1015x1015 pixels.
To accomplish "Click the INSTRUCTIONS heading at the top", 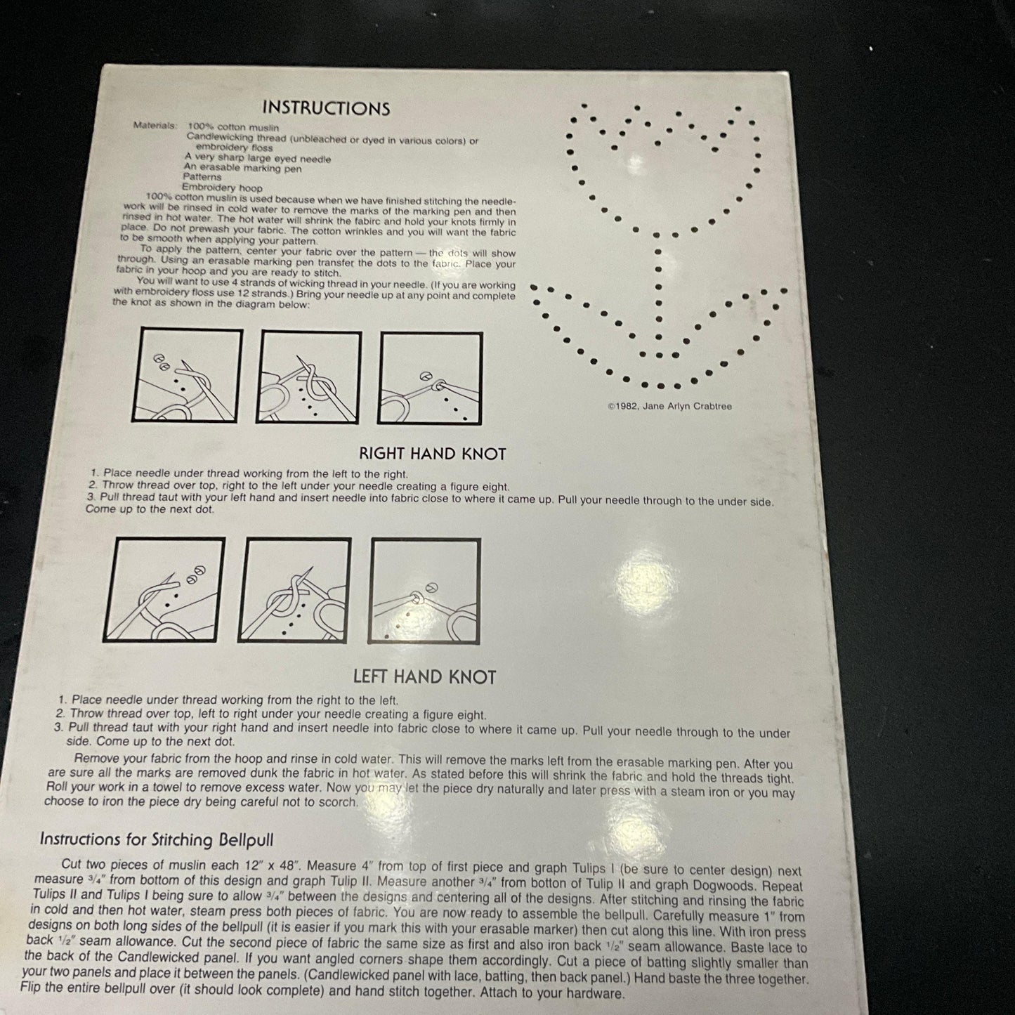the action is pyautogui.click(x=326, y=108).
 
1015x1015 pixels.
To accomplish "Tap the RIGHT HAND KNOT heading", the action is pyautogui.click(x=433, y=454).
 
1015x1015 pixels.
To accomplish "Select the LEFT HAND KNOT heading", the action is pyautogui.click(x=424, y=677).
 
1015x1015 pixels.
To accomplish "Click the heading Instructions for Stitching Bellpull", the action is pyautogui.click(x=157, y=839).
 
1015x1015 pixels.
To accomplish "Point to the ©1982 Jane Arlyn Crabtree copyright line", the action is pyautogui.click(x=669, y=406).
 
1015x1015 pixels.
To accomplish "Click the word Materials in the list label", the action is pyautogui.click(x=155, y=125).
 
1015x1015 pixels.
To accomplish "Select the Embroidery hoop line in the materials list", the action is pyautogui.click(x=222, y=188).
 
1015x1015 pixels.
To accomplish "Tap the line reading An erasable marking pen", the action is pyautogui.click(x=243, y=168).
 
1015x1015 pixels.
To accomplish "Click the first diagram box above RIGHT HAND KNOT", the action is pyautogui.click(x=187, y=375).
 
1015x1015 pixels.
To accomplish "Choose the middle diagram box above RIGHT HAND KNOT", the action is pyautogui.click(x=308, y=377).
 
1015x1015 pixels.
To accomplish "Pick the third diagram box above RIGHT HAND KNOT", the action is pyautogui.click(x=430, y=378).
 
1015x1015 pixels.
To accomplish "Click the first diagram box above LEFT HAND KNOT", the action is pyautogui.click(x=164, y=589).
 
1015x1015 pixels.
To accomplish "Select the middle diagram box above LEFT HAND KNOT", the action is pyautogui.click(x=294, y=590).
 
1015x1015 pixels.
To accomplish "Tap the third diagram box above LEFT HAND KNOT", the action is pyautogui.click(x=424, y=591).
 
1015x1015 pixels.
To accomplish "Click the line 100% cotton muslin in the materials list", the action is pyautogui.click(x=233, y=127).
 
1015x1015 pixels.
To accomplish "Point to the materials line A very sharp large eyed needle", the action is pyautogui.click(x=258, y=158).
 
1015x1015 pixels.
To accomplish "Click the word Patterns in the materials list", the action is pyautogui.click(x=202, y=177).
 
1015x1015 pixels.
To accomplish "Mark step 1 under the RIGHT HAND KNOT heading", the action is pyautogui.click(x=249, y=473).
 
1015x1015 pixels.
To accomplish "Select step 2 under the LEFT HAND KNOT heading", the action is pyautogui.click(x=270, y=714).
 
